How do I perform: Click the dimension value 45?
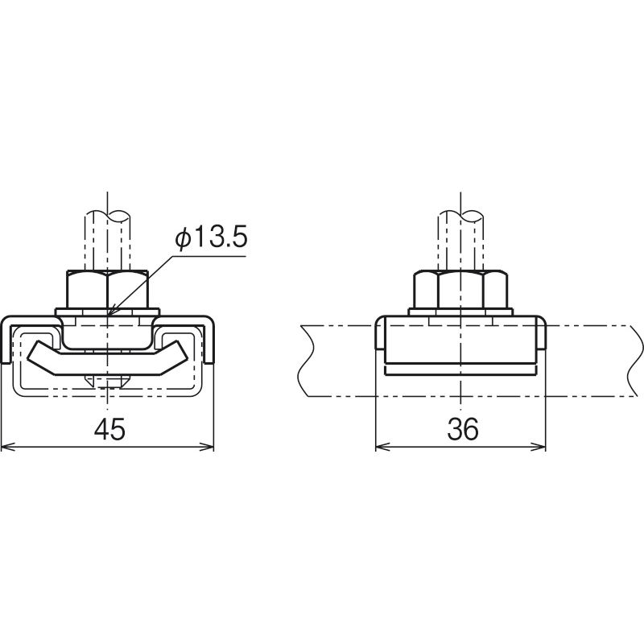pos(109,430)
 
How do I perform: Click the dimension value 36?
pos(463,430)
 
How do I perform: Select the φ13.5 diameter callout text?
pos(211,238)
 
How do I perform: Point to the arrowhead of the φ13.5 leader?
pos(110,312)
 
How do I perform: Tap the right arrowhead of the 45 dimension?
pos(208,447)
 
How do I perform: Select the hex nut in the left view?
pos(107,289)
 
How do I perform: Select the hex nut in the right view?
pos(460,289)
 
